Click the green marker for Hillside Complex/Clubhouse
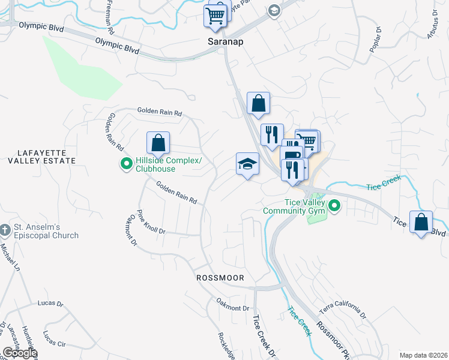[x=127, y=163]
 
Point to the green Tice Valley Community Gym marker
[x=334, y=208]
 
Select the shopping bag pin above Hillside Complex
[x=158, y=144]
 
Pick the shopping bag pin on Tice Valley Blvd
[x=421, y=221]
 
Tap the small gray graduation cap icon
[x=274, y=10]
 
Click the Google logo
[x=20, y=353]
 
